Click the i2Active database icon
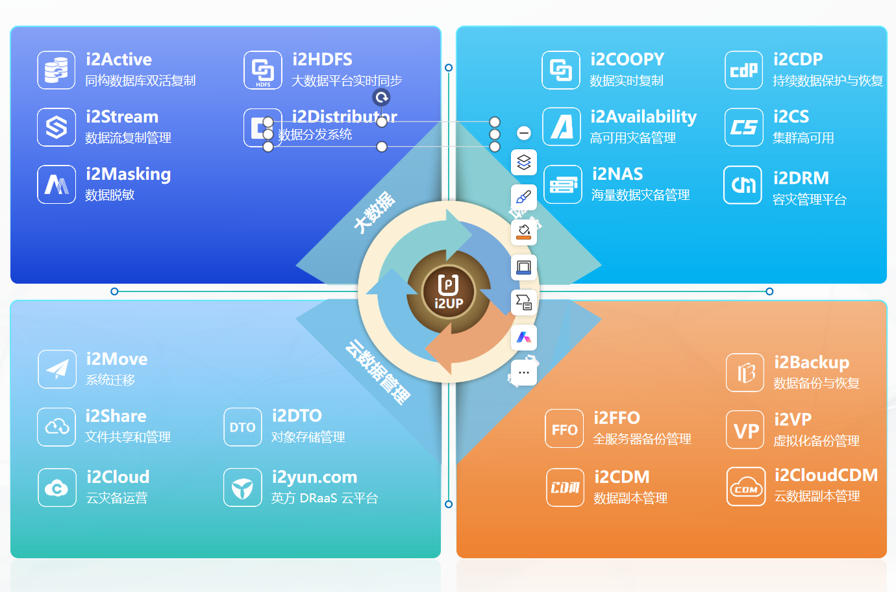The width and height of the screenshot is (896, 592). tap(56, 70)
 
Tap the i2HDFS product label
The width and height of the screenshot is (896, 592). tap(322, 60)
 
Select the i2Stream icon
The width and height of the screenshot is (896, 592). tap(56, 127)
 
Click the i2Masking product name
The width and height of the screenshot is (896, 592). tap(128, 174)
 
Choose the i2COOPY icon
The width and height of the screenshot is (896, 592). tap(561, 70)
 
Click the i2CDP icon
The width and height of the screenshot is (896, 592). tap(743, 70)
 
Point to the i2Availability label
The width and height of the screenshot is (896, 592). tap(643, 117)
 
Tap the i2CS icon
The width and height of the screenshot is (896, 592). tap(743, 127)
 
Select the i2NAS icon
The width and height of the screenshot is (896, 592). tap(563, 185)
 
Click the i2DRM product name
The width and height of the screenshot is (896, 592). tap(801, 178)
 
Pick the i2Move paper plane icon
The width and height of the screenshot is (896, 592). tap(57, 369)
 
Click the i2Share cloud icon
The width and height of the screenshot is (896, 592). tap(56, 426)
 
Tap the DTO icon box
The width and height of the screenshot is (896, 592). tap(242, 427)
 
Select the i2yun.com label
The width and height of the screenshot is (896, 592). tap(314, 477)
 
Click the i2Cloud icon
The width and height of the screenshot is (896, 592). tap(56, 487)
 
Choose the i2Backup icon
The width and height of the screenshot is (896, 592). tap(745, 373)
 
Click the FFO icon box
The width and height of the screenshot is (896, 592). tap(564, 429)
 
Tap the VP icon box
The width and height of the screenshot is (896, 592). tap(745, 430)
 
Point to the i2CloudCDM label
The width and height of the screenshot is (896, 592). tap(825, 475)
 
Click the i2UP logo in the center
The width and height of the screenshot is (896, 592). tap(448, 291)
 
